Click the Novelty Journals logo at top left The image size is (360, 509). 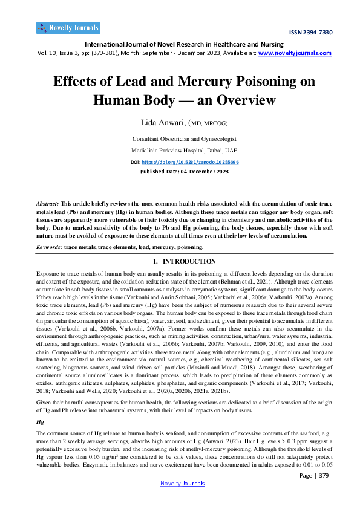click(68, 28)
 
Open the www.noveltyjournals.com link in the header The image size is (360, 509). click(295, 53)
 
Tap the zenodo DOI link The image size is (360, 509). click(190, 163)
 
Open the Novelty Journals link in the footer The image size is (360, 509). click(182, 483)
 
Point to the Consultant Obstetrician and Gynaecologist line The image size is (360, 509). click(180, 139)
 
